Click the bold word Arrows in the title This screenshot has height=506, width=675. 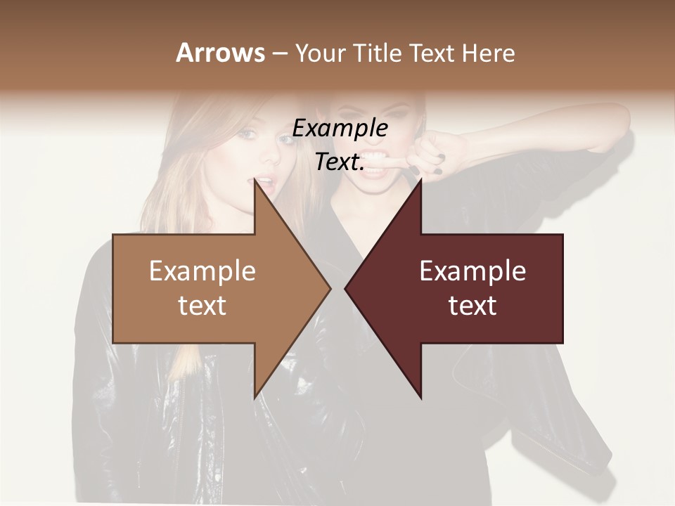coord(220,53)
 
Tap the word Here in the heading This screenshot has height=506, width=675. coord(489,53)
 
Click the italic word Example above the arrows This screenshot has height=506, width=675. coord(340,128)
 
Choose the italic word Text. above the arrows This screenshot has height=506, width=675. coord(340,162)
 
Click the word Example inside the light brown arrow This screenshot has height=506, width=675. coord(202,271)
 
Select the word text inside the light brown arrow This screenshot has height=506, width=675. coord(202,305)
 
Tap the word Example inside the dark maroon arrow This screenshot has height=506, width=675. coord(472,271)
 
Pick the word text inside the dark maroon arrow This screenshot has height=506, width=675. coord(472,305)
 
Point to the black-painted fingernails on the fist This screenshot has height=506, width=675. coord(437,164)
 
